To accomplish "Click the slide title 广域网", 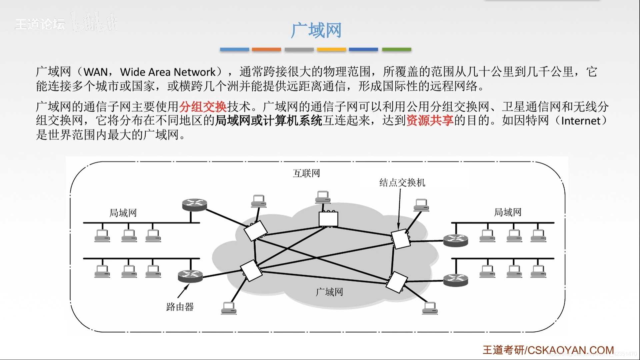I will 316,30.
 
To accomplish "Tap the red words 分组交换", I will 203,107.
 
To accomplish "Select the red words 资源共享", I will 430,121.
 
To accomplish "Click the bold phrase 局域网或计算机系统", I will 269,121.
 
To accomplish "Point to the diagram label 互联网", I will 306,173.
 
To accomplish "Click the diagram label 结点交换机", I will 402,183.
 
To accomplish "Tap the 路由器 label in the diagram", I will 180,307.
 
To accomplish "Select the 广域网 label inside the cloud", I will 329,292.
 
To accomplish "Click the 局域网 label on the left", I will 123,213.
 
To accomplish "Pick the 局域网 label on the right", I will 507,212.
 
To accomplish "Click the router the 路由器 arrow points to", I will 190,276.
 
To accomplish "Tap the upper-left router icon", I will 195,205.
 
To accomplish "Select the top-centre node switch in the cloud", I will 328,219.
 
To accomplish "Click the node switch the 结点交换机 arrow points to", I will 400,239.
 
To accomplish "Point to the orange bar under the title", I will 266,49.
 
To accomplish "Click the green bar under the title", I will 396,49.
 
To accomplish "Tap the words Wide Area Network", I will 168,72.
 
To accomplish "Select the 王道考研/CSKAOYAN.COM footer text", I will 548,350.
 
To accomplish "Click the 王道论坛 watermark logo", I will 40,24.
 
